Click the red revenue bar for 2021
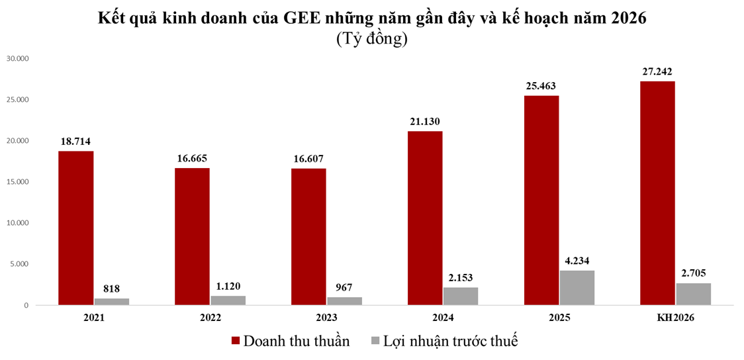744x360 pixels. (75, 228)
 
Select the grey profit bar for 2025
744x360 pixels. (577, 288)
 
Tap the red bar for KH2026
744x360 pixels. (657, 193)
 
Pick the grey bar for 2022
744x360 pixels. (228, 300)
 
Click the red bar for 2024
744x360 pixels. (425, 218)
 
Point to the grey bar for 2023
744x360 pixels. (344, 301)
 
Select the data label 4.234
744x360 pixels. (577, 260)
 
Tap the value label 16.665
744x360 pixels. (192, 158)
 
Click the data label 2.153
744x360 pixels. (461, 277)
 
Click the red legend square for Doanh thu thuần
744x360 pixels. (235, 341)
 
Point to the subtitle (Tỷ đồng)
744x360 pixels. (371, 39)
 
